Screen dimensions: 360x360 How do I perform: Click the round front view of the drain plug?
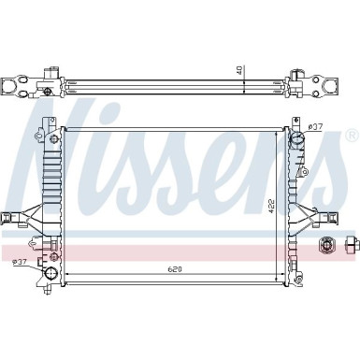(x=328, y=245)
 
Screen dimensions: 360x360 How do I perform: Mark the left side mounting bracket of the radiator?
(x=21, y=217)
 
